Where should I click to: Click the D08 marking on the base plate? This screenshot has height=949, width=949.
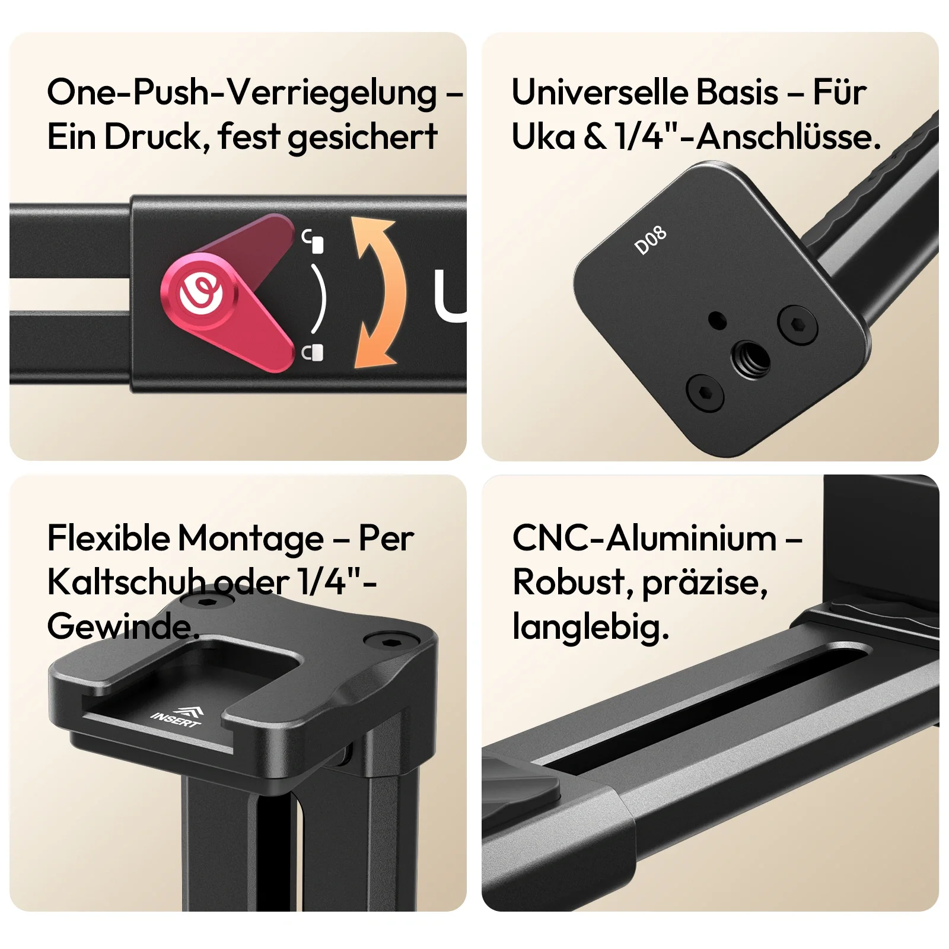click(651, 240)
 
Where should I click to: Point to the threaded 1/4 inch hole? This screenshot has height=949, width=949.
click(751, 358)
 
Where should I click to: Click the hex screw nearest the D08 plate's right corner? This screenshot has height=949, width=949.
click(798, 324)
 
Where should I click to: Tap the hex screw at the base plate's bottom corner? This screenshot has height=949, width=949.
click(706, 393)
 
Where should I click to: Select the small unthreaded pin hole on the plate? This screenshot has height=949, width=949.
click(718, 320)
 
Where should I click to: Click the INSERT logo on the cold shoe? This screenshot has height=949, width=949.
click(177, 716)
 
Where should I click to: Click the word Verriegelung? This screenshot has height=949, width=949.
click(332, 94)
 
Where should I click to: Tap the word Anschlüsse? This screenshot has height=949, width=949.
click(789, 138)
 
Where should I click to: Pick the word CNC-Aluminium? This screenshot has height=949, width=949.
click(645, 538)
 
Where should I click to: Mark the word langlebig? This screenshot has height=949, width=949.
click(591, 628)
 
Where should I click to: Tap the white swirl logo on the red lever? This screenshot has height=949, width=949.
click(200, 291)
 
